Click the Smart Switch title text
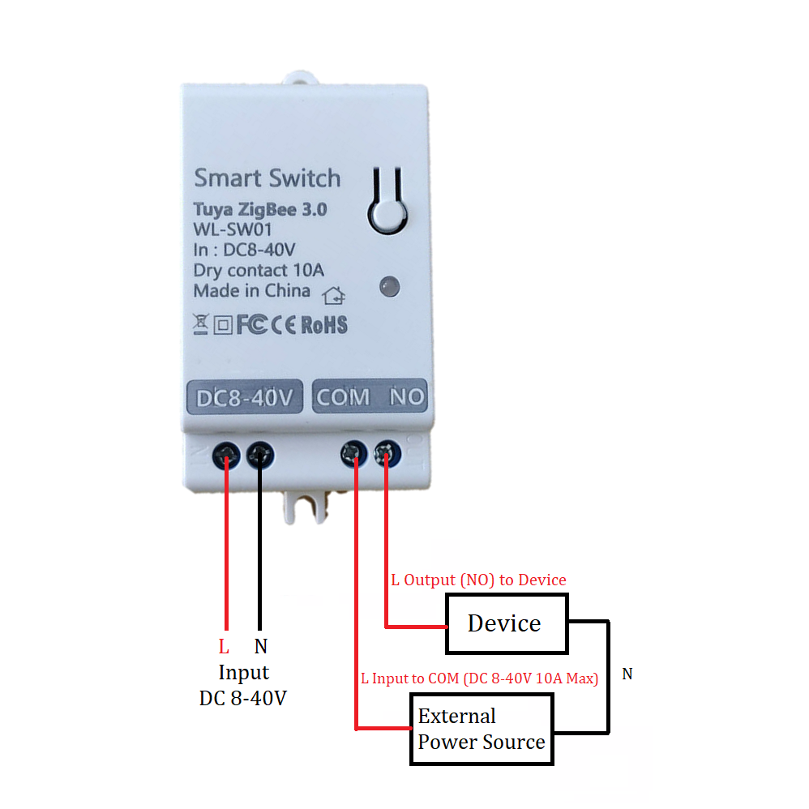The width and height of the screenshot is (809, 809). [268, 178]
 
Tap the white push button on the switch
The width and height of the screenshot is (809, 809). [387, 214]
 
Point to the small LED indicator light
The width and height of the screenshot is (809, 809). [389, 285]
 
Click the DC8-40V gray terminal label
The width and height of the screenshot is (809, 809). [244, 398]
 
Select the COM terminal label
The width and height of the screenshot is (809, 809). [343, 397]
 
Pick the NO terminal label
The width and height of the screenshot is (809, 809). [406, 397]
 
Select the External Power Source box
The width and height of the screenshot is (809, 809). [482, 729]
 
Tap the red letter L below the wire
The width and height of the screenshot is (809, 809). [224, 647]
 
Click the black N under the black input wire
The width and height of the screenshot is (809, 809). [260, 647]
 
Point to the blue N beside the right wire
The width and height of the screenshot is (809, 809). [627, 674]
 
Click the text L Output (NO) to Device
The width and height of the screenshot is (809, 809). [478, 580]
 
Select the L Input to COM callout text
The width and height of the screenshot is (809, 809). [479, 678]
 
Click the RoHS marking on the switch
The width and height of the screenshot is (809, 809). [324, 326]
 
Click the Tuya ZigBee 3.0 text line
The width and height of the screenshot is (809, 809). [260, 209]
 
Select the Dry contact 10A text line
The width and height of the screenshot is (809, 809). [259, 270]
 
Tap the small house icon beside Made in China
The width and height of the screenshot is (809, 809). [333, 295]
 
